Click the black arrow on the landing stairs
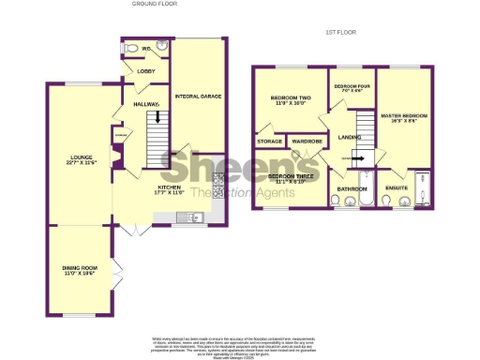(x=357, y=159)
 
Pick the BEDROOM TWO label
(x=290, y=100)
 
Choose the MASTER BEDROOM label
(x=404, y=118)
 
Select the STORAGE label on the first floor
(x=269, y=142)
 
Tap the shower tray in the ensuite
(x=422, y=187)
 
